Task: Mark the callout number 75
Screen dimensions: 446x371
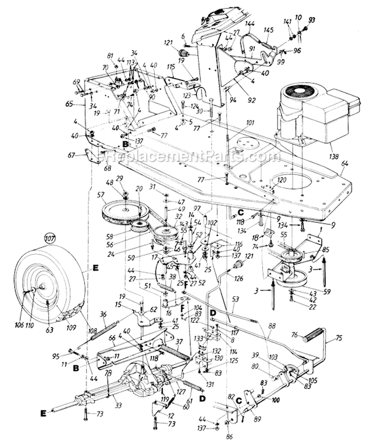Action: point(339,339)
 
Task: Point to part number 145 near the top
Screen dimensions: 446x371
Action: point(268,30)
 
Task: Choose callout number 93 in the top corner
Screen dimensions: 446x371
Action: point(311,19)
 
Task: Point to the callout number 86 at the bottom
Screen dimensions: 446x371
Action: point(229,437)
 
